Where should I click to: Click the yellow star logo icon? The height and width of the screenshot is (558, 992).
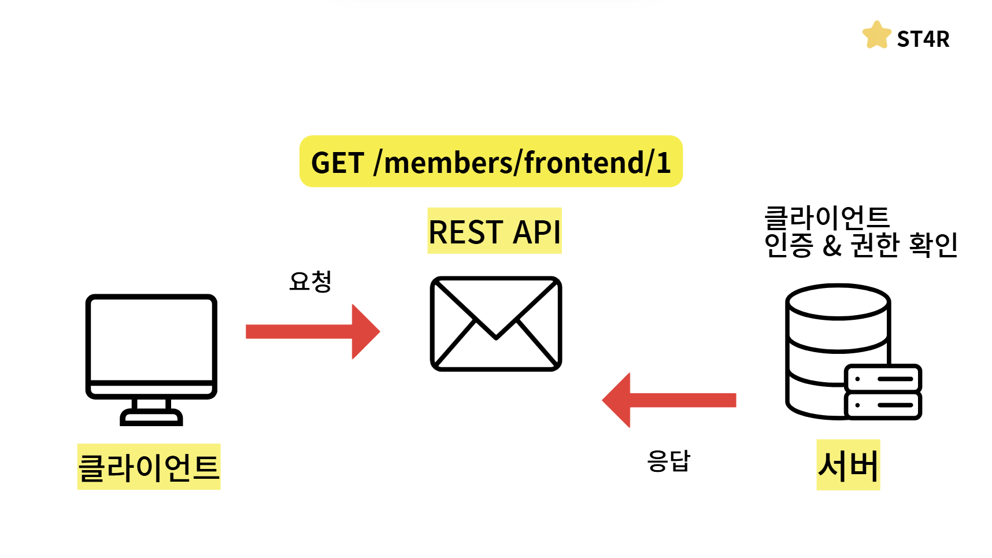pyautogui.click(x=877, y=35)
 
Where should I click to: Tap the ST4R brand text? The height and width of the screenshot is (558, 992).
pyautogui.click(x=923, y=39)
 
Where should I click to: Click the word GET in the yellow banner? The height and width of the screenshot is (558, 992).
pyautogui.click(x=338, y=163)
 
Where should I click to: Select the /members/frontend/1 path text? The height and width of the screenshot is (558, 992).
pyautogui.click(x=522, y=162)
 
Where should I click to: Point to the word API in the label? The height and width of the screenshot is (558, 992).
pyautogui.click(x=536, y=232)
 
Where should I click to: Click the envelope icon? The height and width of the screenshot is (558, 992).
pyautogui.click(x=496, y=324)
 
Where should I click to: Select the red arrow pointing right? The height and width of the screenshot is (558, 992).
pyautogui.click(x=313, y=331)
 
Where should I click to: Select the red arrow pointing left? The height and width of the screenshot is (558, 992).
pyautogui.click(x=669, y=400)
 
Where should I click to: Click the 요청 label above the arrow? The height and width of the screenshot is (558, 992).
pyautogui.click(x=310, y=281)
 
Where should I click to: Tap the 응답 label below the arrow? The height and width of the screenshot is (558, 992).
pyautogui.click(x=669, y=461)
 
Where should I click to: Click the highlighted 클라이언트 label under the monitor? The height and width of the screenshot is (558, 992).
pyautogui.click(x=149, y=467)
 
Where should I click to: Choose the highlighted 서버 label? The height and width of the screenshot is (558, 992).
pyautogui.click(x=848, y=465)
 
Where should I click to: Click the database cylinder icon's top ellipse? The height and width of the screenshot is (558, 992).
pyautogui.click(x=838, y=301)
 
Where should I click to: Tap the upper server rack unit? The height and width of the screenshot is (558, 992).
pyautogui.click(x=883, y=379)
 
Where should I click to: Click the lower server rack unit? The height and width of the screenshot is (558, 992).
pyautogui.click(x=883, y=405)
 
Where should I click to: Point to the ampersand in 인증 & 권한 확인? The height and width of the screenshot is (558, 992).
pyautogui.click(x=832, y=246)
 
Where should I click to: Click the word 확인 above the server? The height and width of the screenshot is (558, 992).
pyautogui.click(x=933, y=245)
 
